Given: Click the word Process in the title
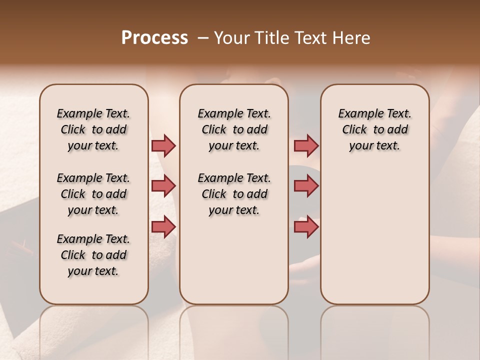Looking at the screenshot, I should [154, 38].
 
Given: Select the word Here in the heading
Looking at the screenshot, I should [353, 38].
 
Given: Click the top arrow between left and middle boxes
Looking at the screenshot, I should [163, 146].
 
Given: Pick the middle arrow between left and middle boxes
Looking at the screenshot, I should [163, 186].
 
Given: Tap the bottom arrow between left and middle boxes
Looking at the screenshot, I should [163, 226].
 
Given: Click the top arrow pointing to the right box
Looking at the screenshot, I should [306, 146].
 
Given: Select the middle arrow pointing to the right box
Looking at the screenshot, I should [306, 186].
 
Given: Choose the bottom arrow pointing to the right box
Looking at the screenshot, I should [306, 226].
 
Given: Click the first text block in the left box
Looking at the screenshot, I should [93, 129].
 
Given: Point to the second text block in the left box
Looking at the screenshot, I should [93, 194].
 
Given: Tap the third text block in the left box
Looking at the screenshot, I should [93, 255].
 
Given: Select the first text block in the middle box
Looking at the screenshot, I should [234, 129].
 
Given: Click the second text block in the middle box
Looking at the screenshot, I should [234, 194].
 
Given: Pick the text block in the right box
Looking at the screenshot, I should [374, 129].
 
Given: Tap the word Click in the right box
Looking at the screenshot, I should [354, 130].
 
